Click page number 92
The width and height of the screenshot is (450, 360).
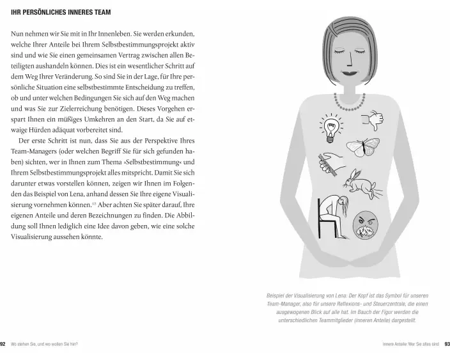4,345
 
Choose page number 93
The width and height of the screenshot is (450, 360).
446,345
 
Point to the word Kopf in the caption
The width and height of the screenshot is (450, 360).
367,296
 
